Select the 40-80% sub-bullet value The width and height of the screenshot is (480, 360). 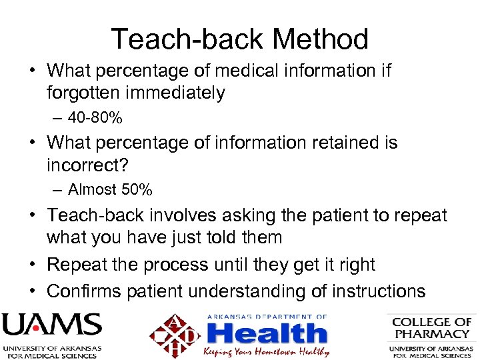pyautogui.click(x=95, y=118)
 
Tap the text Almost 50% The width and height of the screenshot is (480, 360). pyautogui.click(x=110, y=190)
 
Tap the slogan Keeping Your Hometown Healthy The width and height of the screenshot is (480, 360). pyautogui.click(x=267, y=351)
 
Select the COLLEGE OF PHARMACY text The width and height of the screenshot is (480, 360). pyautogui.click(x=431, y=328)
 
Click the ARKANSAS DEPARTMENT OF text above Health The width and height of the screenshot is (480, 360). pyautogui.click(x=267, y=317)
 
